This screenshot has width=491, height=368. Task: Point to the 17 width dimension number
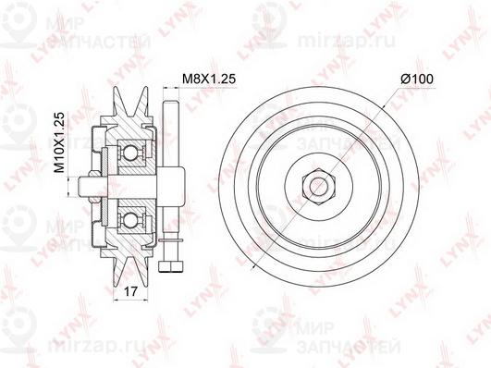[131, 293]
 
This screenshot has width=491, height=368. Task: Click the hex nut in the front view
[314, 181]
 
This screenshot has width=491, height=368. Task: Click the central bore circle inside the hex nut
[314, 181]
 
